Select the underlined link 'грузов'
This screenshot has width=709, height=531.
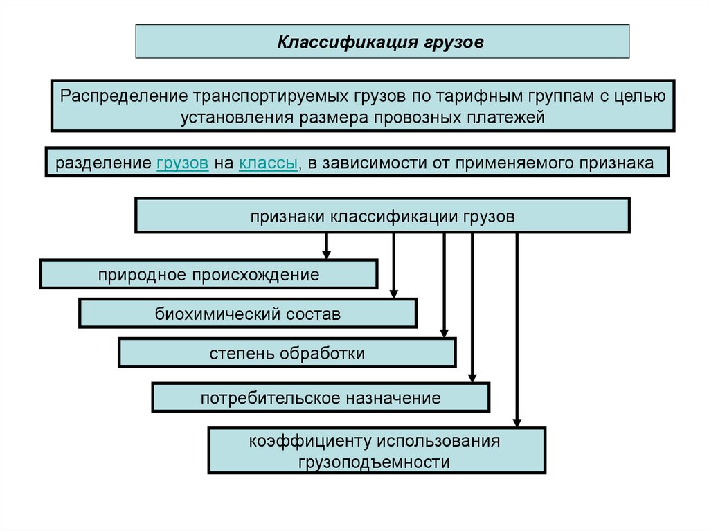183,163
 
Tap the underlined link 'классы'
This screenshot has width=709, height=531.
269,163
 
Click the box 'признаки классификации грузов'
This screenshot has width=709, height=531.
382,216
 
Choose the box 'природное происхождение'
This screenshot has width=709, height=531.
208,274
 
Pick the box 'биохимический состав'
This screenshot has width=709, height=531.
248,314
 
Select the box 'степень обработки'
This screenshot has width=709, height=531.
287,353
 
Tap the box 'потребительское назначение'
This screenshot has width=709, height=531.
321,398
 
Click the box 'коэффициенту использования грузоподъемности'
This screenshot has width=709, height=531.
377,451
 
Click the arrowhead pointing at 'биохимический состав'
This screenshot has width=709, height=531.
393,293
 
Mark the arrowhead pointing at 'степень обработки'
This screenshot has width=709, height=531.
445,332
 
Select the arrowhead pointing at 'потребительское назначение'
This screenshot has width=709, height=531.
472,377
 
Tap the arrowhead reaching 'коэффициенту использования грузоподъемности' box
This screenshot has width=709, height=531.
517,422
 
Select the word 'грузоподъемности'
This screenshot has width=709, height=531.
375,462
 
